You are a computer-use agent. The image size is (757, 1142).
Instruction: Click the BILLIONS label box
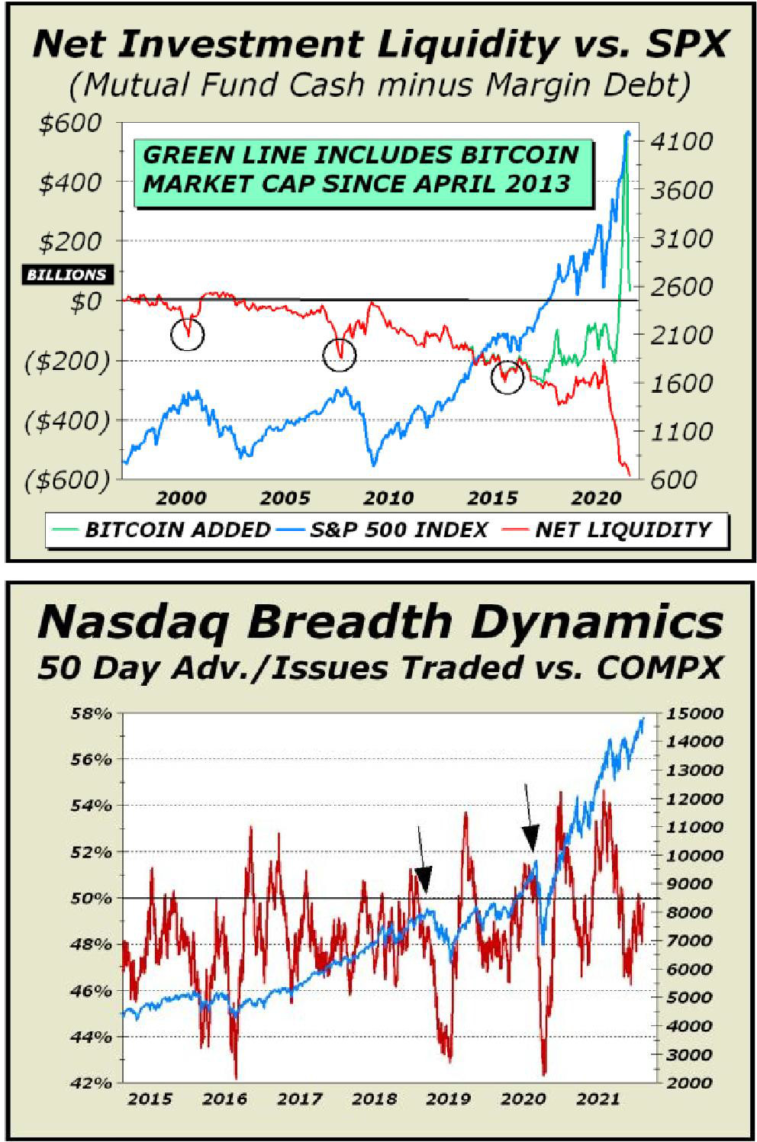pos(66,275)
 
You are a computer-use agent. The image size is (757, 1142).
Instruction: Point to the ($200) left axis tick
pos(66,360)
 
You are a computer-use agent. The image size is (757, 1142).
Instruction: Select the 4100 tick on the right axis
pos(682,142)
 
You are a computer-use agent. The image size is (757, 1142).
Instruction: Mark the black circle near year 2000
pos(187,333)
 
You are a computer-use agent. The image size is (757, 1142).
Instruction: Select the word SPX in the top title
pos(683,44)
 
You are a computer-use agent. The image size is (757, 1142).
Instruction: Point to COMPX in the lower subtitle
pos(659,668)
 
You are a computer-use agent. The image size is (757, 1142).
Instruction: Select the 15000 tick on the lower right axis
pos(695,714)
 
